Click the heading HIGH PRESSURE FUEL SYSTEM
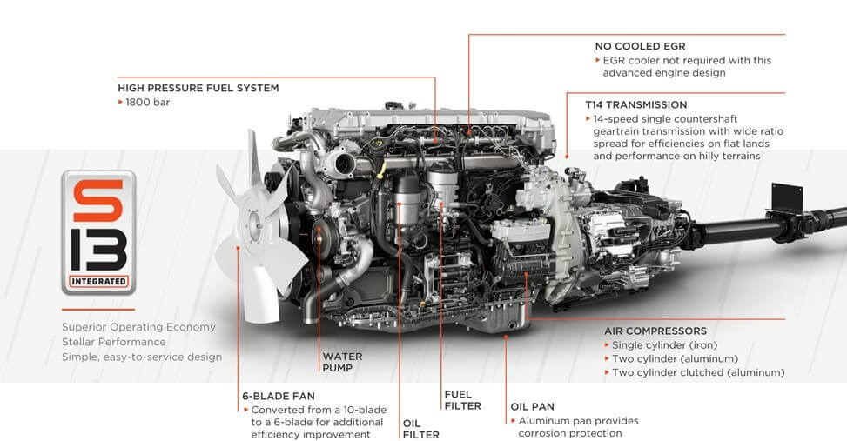(198, 88)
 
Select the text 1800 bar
(148, 102)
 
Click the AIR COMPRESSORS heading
(655, 331)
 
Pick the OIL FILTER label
(420, 429)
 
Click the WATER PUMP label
(342, 362)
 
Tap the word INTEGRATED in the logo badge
(98, 281)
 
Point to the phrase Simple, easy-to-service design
(141, 357)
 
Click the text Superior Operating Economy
(138, 327)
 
